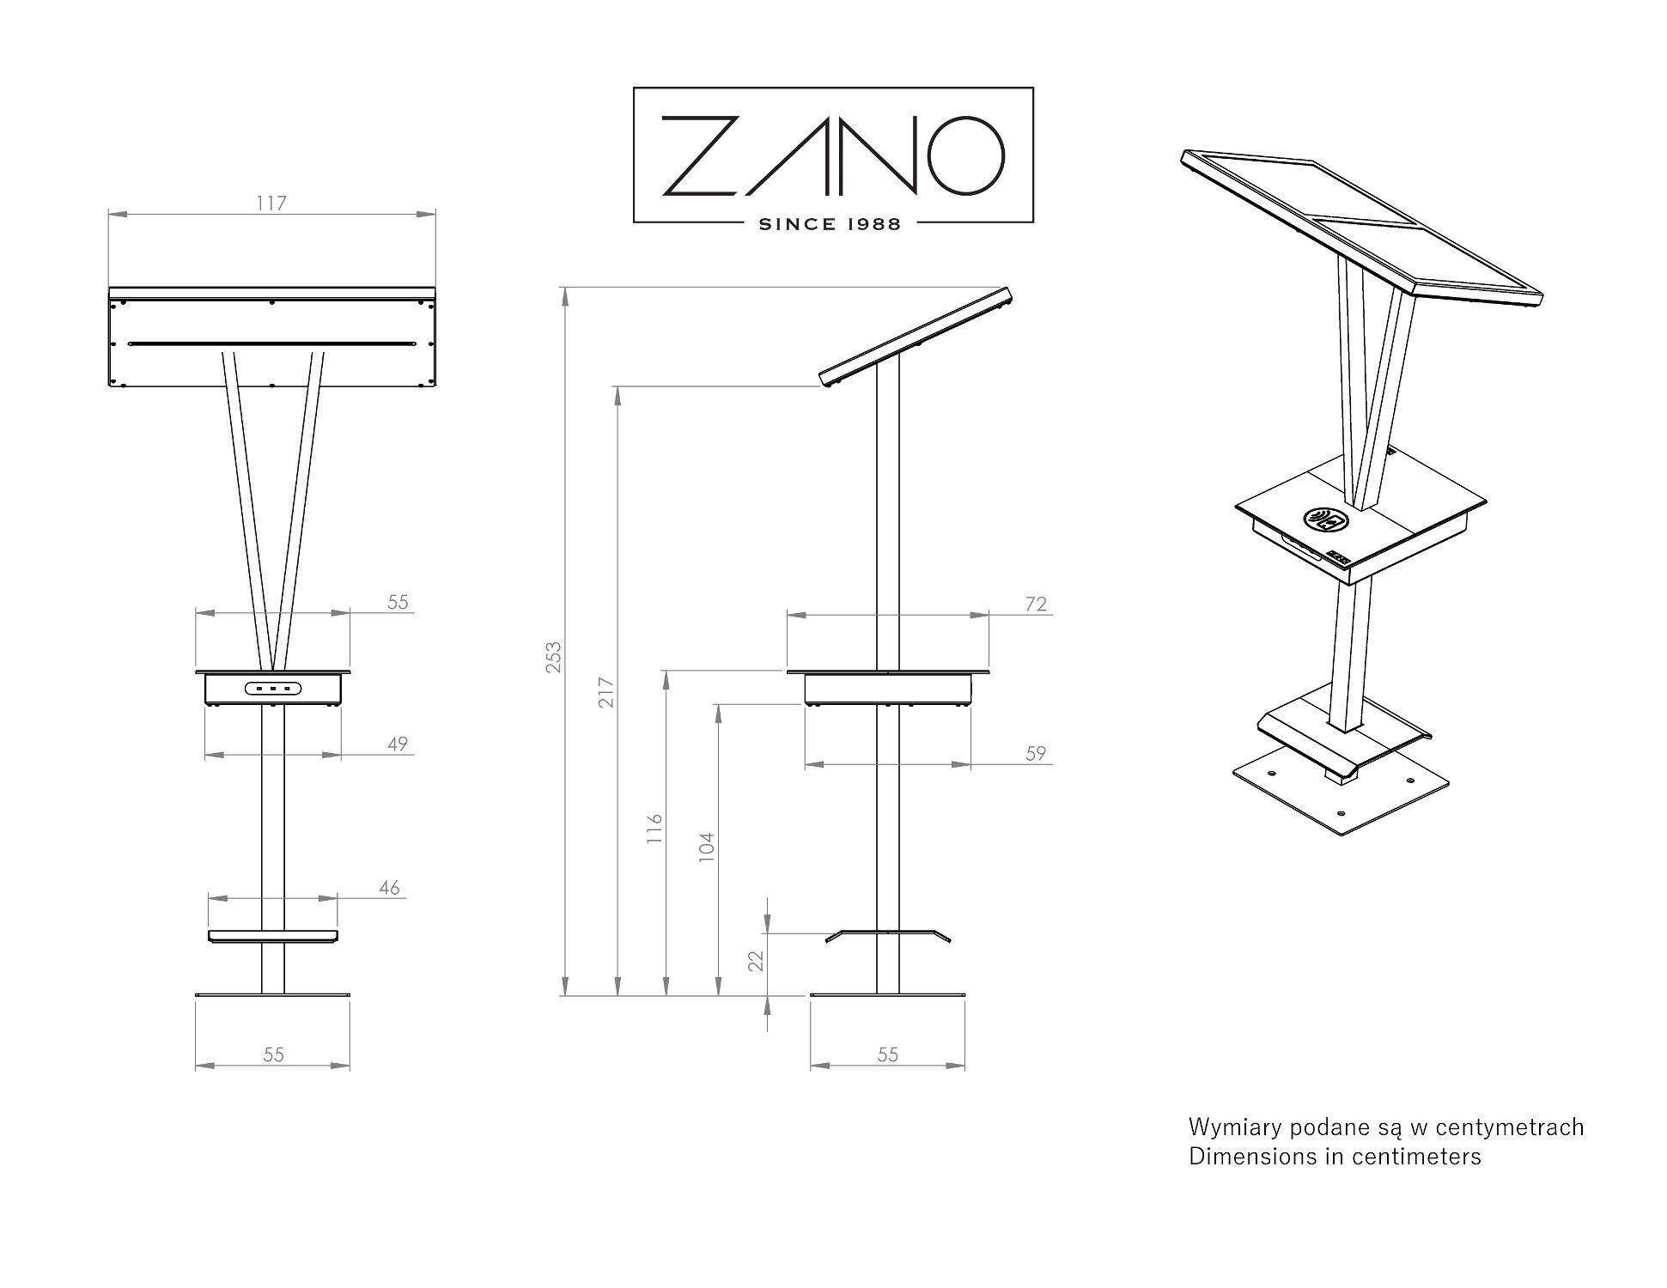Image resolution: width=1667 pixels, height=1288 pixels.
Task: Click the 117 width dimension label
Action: coord(271,204)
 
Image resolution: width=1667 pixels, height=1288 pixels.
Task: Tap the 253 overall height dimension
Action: coord(554,657)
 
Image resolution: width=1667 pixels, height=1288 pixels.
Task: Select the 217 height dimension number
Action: coord(606,692)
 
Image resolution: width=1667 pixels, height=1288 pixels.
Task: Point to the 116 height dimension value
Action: coord(654,829)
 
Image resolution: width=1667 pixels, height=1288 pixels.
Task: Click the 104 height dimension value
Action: coord(706,847)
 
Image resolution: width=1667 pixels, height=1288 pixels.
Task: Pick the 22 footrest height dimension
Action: coord(756,961)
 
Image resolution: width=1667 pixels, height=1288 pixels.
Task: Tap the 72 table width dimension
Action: coord(1037,605)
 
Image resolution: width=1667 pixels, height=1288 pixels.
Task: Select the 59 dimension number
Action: coord(1037,753)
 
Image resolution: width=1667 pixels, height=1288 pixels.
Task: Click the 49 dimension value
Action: coord(397,744)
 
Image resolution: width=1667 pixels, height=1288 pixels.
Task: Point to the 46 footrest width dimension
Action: coord(389,888)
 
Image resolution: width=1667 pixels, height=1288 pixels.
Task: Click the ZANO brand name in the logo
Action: coord(833,155)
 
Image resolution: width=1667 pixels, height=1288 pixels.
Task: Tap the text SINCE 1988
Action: coord(830,224)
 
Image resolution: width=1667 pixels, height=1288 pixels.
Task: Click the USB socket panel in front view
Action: coord(272,688)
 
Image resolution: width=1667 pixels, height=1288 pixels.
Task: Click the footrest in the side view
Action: coord(888,935)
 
